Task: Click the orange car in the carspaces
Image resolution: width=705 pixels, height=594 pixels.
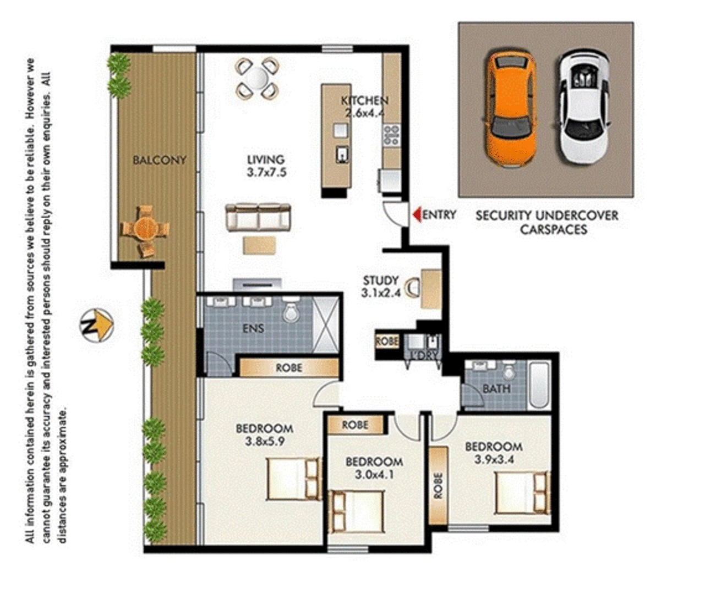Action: click(x=510, y=109)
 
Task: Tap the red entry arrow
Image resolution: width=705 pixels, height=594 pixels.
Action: click(x=417, y=214)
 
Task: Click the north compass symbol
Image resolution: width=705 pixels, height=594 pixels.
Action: click(x=96, y=325)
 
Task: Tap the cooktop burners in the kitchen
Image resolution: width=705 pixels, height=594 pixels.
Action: click(x=391, y=135)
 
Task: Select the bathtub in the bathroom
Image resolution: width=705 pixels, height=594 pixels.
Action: click(x=538, y=385)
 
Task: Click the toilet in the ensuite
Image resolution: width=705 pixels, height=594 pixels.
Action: click(x=290, y=313)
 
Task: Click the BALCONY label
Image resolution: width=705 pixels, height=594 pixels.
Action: click(x=160, y=160)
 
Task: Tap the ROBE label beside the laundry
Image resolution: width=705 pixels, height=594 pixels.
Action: click(x=387, y=342)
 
